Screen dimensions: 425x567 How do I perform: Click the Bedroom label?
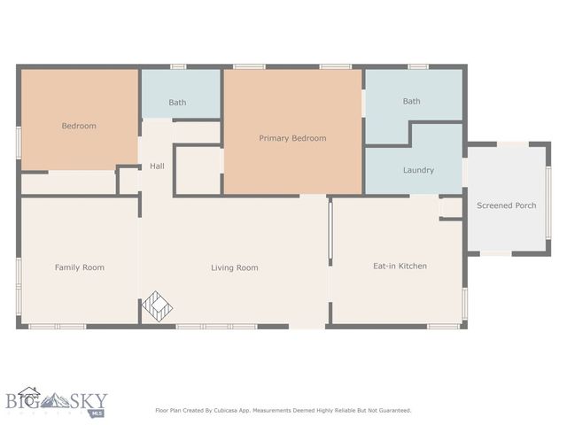pyautogui.click(x=79, y=126)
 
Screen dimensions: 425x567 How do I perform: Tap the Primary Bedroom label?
pyautogui.click(x=292, y=138)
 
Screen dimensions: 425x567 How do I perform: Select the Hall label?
pyautogui.click(x=157, y=166)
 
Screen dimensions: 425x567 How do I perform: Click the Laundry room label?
pyautogui.click(x=418, y=170)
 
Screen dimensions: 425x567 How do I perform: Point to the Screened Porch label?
pyautogui.click(x=507, y=205)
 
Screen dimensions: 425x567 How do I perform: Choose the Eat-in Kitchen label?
pyautogui.click(x=400, y=266)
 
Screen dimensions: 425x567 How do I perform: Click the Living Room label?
pyautogui.click(x=235, y=267)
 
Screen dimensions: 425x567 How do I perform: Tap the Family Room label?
pyautogui.click(x=80, y=267)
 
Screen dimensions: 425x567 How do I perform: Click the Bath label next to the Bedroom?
pyautogui.click(x=177, y=103)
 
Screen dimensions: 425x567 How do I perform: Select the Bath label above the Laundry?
pyautogui.click(x=412, y=101)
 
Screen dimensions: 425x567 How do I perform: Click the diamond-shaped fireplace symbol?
pyautogui.click(x=158, y=305)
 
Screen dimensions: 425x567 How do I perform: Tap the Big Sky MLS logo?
pyautogui.click(x=55, y=404)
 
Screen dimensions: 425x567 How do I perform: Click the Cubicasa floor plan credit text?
pyautogui.click(x=283, y=410)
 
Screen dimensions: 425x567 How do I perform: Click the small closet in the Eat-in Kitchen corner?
pyautogui.click(x=451, y=207)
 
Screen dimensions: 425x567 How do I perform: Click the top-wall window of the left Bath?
pyautogui.click(x=178, y=66)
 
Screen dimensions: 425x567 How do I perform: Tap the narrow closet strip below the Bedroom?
pyautogui.click(x=69, y=183)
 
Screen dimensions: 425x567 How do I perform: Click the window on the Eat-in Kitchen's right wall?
pyautogui.click(x=464, y=301)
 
